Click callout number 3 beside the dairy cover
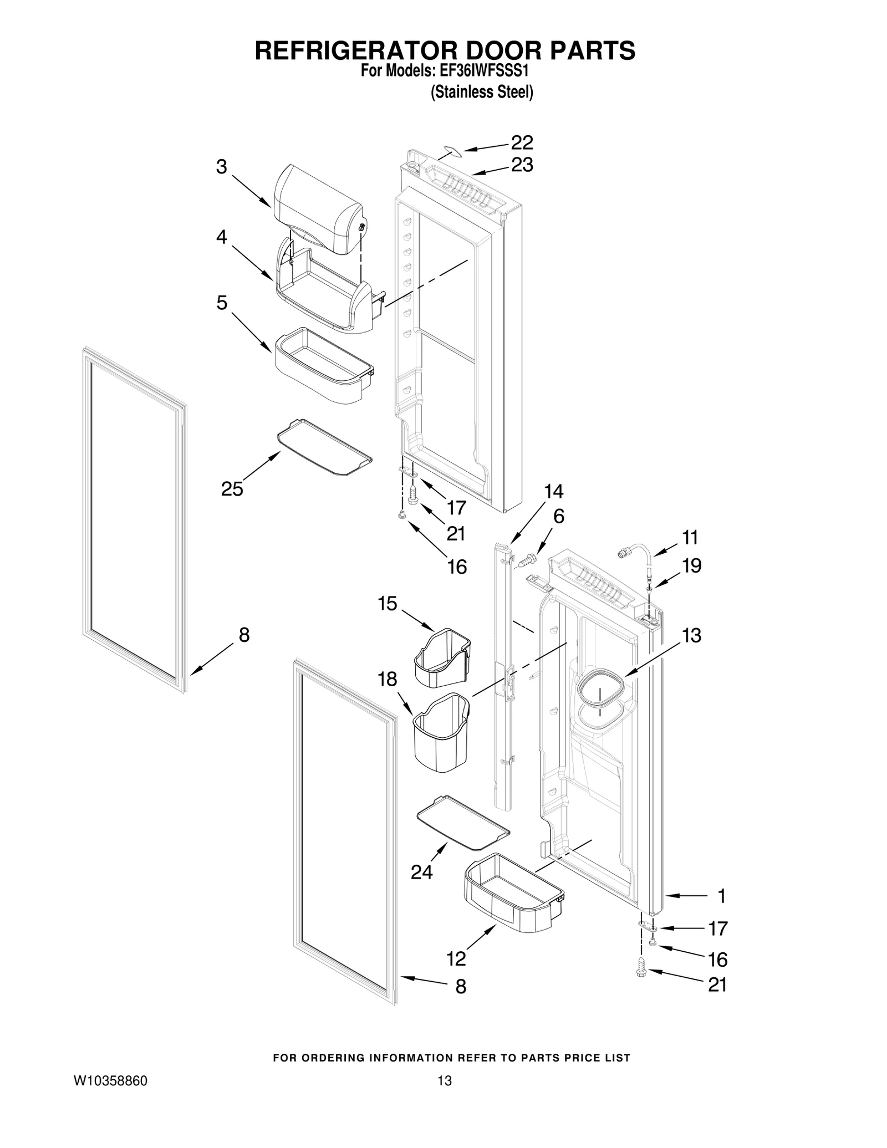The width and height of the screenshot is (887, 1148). [221, 167]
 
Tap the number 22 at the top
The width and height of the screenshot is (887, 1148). [522, 142]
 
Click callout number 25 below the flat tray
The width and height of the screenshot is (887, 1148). [232, 489]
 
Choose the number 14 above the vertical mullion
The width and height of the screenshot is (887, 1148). [553, 491]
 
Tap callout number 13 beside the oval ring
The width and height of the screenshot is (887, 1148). [691, 635]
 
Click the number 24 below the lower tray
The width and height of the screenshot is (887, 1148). [421, 873]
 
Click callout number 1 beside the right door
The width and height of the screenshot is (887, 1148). [721, 896]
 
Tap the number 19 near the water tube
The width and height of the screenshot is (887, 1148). [691, 566]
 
